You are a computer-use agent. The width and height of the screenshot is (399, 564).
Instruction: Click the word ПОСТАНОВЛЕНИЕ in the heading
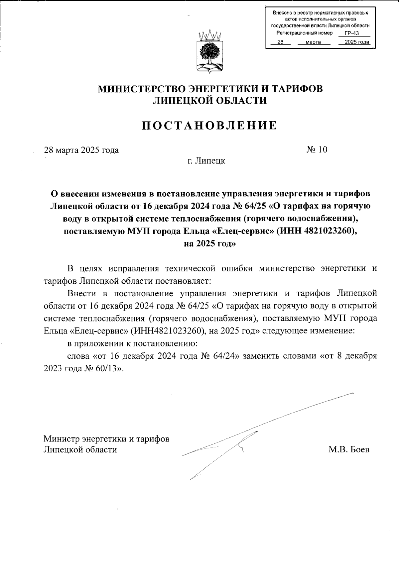(x=209, y=125)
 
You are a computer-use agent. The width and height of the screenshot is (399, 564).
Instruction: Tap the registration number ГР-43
(x=352, y=33)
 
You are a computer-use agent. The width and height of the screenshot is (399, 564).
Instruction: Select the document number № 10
(x=317, y=150)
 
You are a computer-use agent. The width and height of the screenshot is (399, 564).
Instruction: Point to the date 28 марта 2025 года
(x=81, y=150)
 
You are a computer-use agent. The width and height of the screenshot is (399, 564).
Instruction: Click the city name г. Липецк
(x=206, y=161)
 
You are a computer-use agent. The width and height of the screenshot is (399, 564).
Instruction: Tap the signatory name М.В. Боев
(x=349, y=450)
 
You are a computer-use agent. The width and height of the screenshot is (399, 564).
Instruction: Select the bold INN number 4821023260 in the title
(x=327, y=232)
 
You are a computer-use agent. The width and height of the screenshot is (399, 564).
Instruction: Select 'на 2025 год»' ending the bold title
(x=209, y=244)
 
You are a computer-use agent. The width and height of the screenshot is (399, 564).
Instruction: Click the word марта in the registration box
(x=313, y=42)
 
